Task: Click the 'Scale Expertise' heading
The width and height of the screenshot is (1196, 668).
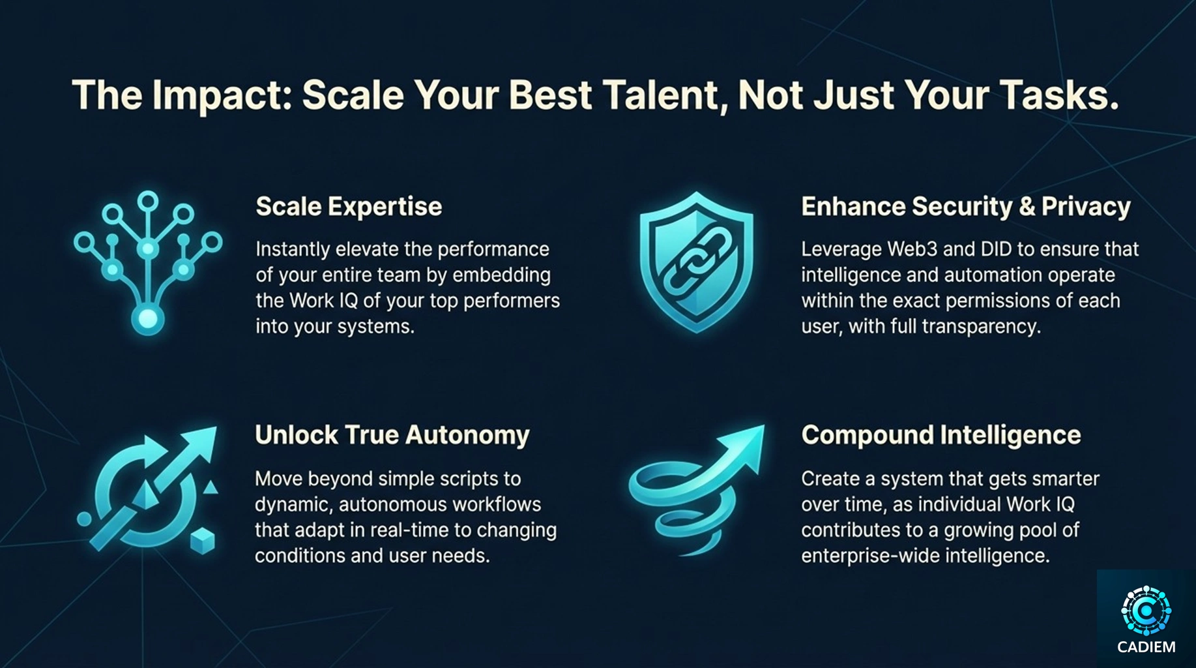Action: (349, 207)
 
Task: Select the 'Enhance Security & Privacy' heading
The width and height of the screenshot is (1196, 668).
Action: (966, 207)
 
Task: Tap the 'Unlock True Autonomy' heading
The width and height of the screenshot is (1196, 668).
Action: (392, 435)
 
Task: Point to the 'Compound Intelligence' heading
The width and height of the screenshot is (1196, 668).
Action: (941, 435)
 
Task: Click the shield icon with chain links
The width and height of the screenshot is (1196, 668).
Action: (696, 262)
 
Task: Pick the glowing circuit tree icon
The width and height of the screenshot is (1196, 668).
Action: (148, 263)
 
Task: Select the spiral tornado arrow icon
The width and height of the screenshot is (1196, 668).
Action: (696, 490)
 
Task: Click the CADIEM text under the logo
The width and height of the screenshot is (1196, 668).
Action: (1146, 647)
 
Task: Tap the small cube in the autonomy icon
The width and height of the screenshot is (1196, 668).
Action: (203, 541)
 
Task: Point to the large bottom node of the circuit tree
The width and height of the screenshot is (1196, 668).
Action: (148, 319)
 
